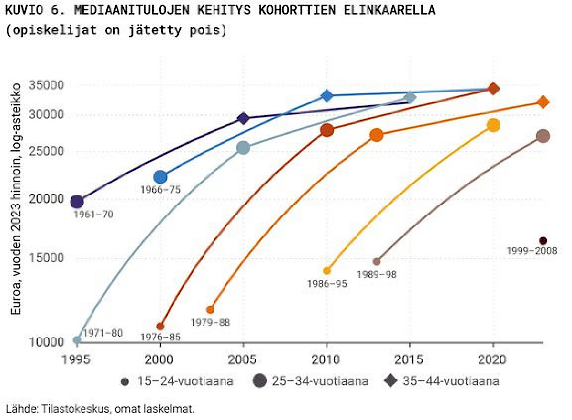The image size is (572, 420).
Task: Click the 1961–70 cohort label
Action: click(x=93, y=215)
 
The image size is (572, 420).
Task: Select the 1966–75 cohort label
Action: click(x=161, y=189)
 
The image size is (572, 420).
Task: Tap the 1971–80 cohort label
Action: click(x=103, y=333)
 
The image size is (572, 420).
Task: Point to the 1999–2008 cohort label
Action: click(x=532, y=251)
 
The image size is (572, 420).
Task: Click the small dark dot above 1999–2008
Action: click(x=543, y=241)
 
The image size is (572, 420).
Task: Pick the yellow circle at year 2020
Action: click(x=493, y=125)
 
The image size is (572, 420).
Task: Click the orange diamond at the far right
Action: click(x=543, y=102)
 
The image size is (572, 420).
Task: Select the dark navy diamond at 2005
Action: click(x=244, y=118)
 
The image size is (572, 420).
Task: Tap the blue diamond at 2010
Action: click(x=327, y=96)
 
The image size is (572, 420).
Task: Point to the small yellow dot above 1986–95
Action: click(x=327, y=271)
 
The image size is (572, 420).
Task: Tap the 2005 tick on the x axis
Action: click(x=244, y=358)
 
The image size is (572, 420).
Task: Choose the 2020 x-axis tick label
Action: click(x=493, y=358)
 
